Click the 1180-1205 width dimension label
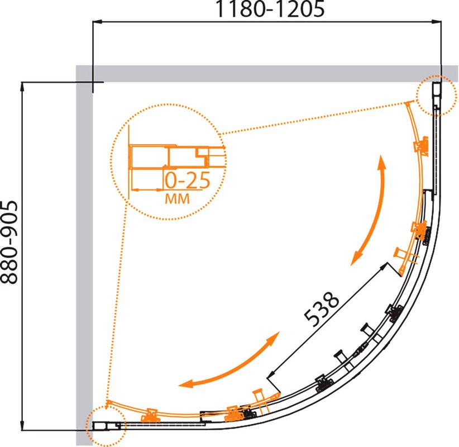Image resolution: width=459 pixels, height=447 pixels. click(270, 9)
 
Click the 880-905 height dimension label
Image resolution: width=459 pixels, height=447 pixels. click(9, 242)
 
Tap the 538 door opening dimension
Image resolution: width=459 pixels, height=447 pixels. click(321, 309)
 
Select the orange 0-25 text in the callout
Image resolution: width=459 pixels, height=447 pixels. click(188, 180)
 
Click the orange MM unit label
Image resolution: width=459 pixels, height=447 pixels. click(178, 198)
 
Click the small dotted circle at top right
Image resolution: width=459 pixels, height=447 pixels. click(437, 95)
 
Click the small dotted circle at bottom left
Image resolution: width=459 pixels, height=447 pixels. click(106, 426)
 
